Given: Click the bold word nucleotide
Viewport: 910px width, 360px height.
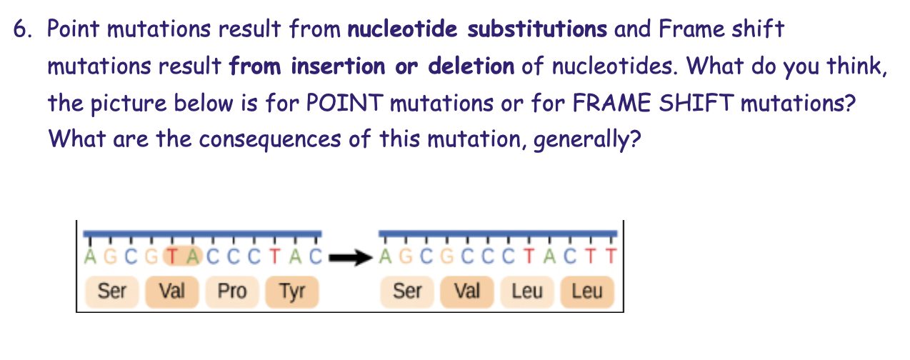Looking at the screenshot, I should (x=404, y=30).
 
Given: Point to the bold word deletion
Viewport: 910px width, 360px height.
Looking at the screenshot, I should (x=471, y=66).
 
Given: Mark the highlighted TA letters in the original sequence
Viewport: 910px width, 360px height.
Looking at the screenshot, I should (x=185, y=255).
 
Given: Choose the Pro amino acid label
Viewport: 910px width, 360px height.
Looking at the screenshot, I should (x=231, y=291).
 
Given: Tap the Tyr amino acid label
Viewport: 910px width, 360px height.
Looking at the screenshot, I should (x=291, y=291).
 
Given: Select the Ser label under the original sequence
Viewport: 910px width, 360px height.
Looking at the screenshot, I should (x=111, y=291).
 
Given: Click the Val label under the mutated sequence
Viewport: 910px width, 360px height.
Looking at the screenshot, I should (x=467, y=291).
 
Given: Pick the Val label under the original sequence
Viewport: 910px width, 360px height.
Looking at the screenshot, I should (x=172, y=291).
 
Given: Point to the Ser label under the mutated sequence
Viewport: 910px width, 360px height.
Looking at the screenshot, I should (x=408, y=291).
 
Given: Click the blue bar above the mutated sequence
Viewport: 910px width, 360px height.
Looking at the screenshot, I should (x=498, y=234).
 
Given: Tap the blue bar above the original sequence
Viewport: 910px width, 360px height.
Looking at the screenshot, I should (x=201, y=234).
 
